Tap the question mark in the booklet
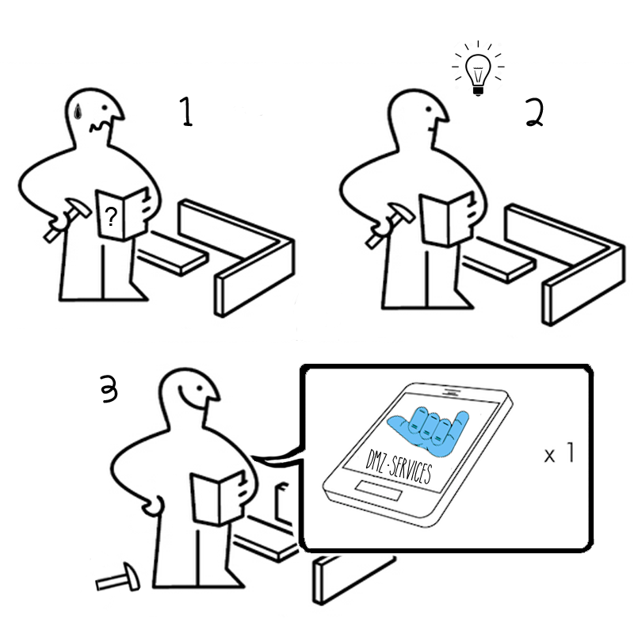(x=110, y=216)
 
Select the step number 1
(x=186, y=112)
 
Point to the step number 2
(x=534, y=113)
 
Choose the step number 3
(x=109, y=388)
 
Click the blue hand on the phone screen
(x=429, y=430)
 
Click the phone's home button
(x=379, y=491)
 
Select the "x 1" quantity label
(x=560, y=453)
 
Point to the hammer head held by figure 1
(x=78, y=207)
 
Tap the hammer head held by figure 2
(x=402, y=212)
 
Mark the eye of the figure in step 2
(x=430, y=109)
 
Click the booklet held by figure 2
(x=447, y=220)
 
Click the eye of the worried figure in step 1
(x=105, y=109)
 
